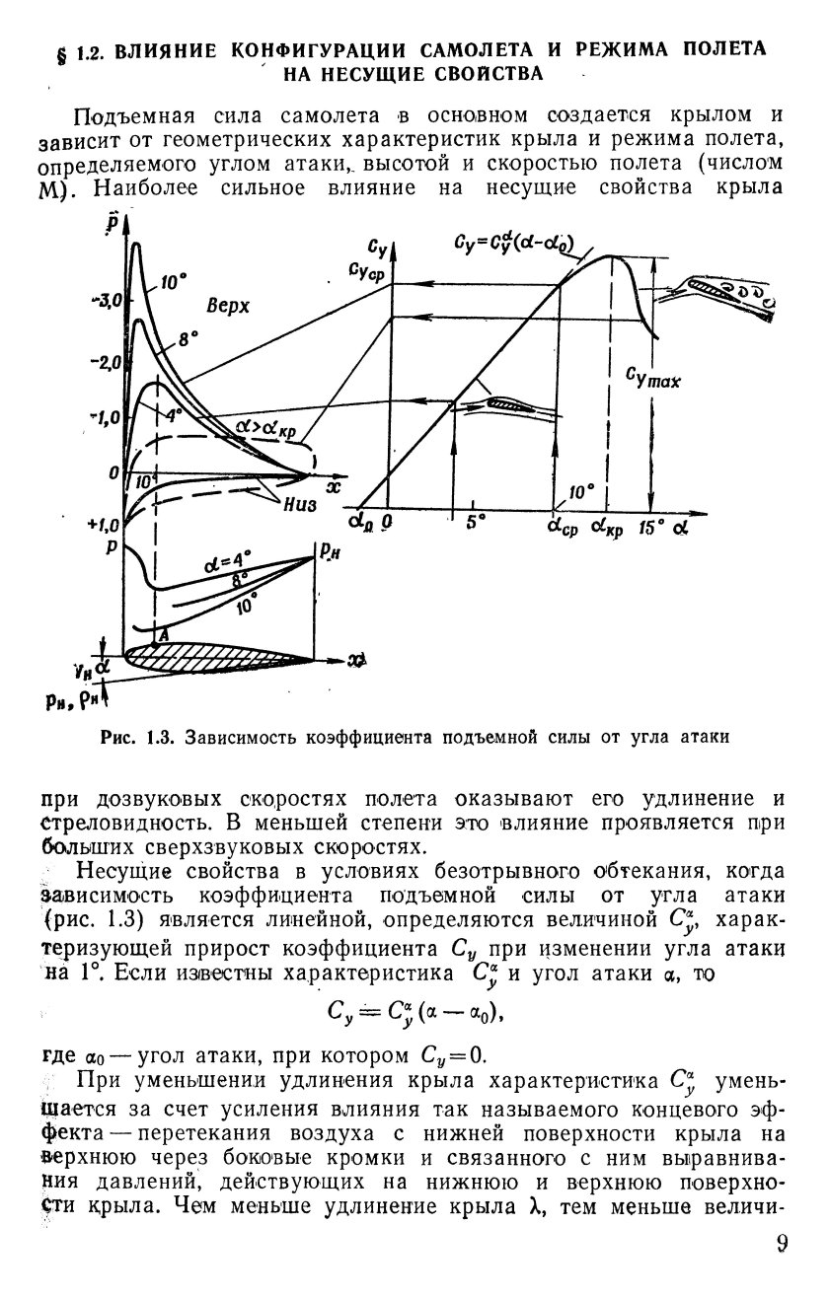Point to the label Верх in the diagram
(x=228, y=307)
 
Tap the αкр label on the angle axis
(x=608, y=527)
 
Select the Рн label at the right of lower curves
(x=326, y=554)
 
